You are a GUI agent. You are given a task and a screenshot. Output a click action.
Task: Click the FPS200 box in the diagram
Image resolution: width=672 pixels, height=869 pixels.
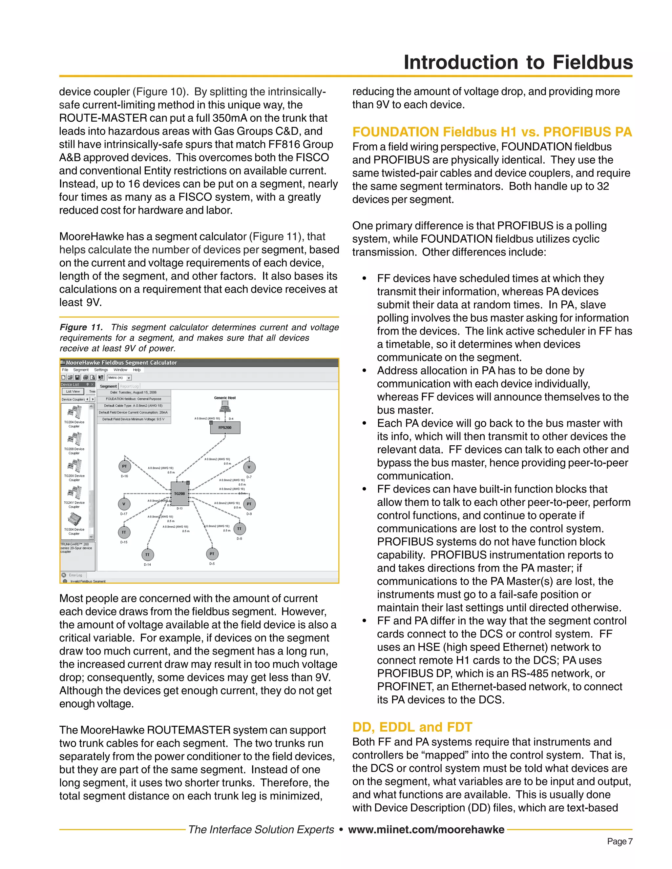tap(225, 427)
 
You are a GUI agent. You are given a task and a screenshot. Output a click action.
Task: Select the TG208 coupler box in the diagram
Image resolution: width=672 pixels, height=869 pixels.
tap(179, 494)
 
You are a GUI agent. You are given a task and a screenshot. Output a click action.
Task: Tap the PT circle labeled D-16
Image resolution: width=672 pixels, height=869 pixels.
tap(125, 466)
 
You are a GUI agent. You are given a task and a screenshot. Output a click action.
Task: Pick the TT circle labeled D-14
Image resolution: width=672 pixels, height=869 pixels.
tap(147, 555)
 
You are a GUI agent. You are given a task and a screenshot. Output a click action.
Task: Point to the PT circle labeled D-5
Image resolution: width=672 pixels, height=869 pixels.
tap(212, 554)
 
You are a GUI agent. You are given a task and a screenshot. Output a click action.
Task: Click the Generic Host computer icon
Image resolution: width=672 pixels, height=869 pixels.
tap(225, 406)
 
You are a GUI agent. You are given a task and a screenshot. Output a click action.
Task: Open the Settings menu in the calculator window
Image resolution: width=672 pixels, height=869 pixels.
tap(101, 370)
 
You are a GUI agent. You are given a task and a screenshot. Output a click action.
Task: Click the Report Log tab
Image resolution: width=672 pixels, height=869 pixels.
tap(129, 386)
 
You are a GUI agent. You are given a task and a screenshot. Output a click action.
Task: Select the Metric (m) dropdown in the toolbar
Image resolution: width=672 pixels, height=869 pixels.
tap(119, 377)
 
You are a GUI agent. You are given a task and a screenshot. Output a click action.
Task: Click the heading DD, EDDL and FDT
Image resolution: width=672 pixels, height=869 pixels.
tap(412, 727)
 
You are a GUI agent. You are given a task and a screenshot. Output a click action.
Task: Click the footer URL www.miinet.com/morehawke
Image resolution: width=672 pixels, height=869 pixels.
tap(426, 829)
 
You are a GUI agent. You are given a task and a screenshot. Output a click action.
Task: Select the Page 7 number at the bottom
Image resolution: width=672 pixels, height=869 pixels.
tap(619, 841)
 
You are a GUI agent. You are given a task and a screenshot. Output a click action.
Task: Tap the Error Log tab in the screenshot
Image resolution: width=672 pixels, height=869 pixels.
tap(75, 575)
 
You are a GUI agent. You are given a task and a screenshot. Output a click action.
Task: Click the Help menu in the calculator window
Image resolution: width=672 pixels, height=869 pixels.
tap(136, 370)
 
